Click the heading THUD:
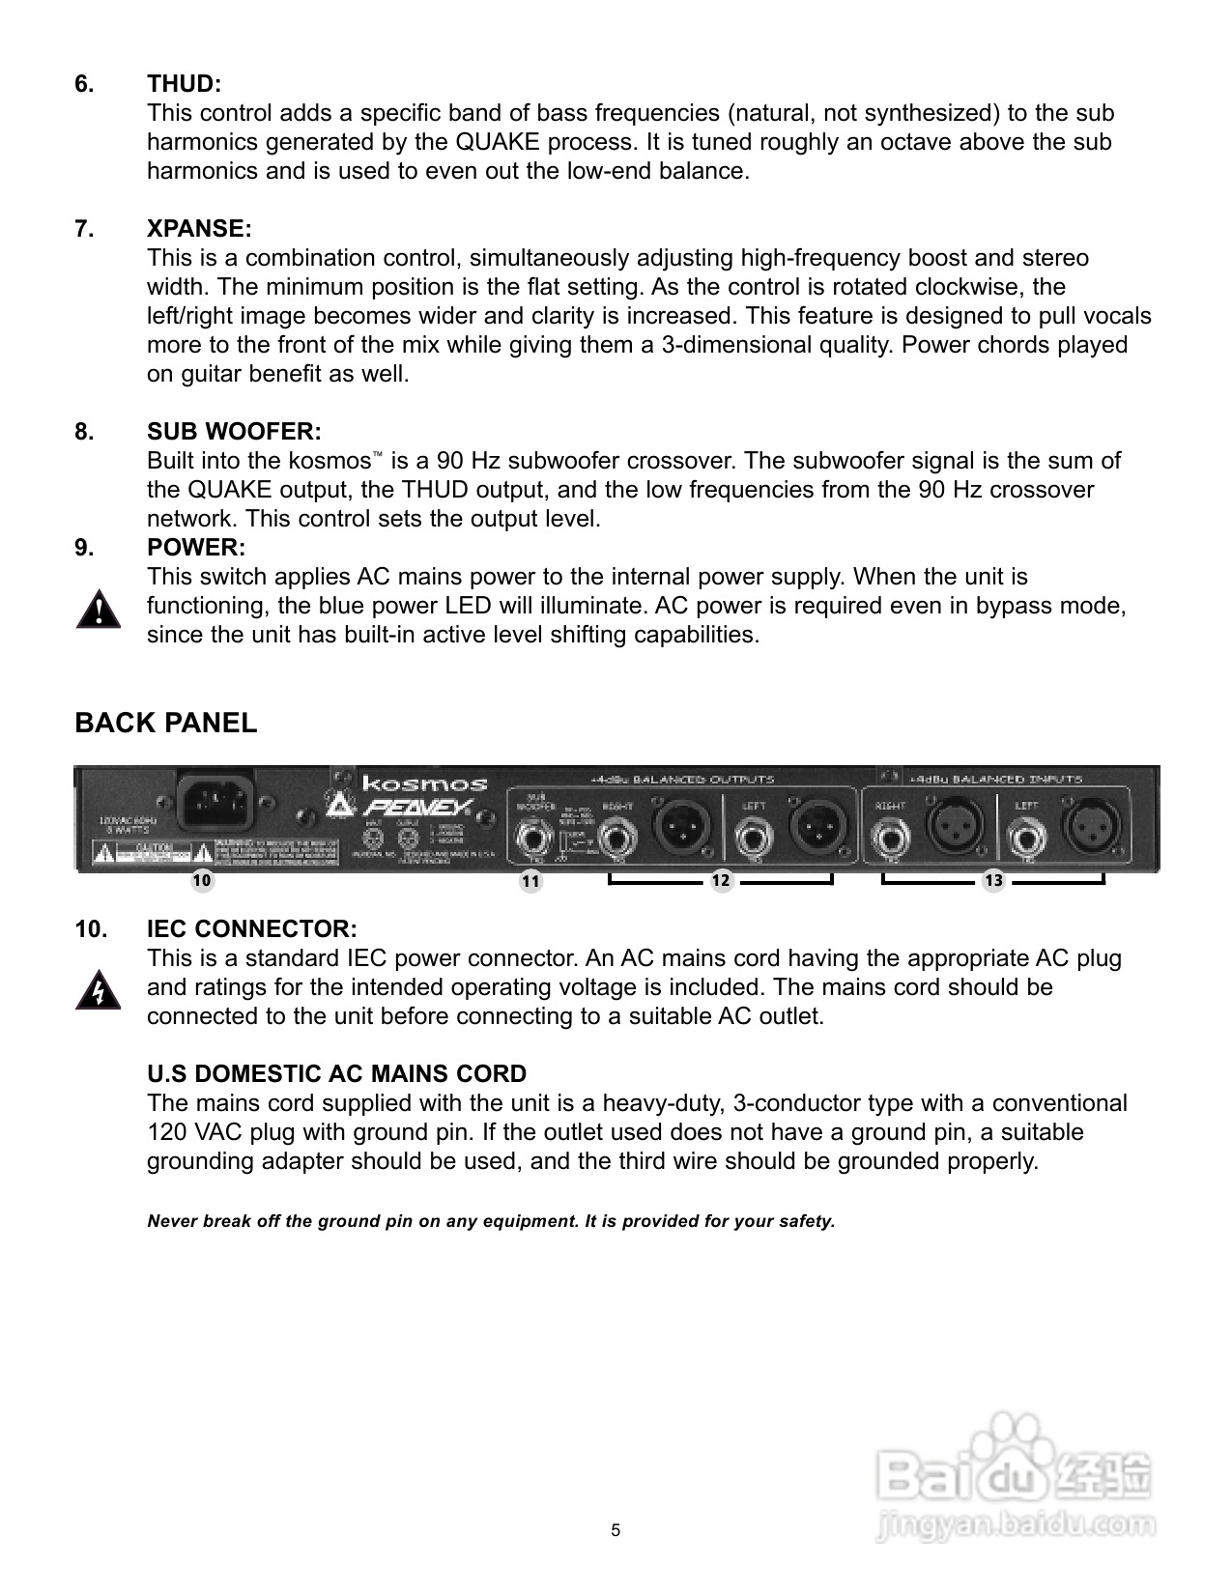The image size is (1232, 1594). click(x=184, y=84)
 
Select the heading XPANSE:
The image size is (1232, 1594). click(x=199, y=229)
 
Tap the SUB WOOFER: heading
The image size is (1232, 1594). click(x=234, y=432)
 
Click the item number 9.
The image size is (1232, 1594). click(x=85, y=548)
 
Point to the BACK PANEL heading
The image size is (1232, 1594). click(x=166, y=724)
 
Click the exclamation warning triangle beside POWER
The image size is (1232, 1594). click(x=98, y=612)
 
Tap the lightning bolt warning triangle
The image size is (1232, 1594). click(x=98, y=992)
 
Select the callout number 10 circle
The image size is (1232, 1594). click(x=202, y=881)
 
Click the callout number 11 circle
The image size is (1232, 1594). click(x=530, y=881)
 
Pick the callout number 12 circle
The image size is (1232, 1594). click(x=721, y=881)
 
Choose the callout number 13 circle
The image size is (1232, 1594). click(x=993, y=881)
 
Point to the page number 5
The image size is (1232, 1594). click(x=616, y=1530)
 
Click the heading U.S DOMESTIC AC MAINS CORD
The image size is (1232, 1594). click(x=336, y=1074)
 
